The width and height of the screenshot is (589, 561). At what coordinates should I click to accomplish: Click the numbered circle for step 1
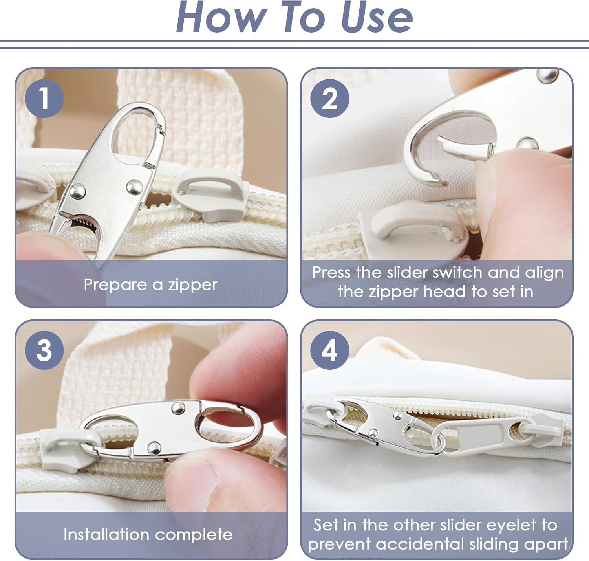click(x=44, y=98)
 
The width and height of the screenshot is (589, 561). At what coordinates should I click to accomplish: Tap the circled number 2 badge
click(x=329, y=98)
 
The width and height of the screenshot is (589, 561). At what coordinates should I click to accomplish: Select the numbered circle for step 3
click(x=44, y=350)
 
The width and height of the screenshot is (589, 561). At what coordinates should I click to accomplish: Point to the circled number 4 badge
click(x=329, y=350)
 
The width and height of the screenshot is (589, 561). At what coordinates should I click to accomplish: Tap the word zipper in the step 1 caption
click(x=193, y=285)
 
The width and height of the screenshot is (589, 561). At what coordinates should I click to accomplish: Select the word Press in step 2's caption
click(x=332, y=273)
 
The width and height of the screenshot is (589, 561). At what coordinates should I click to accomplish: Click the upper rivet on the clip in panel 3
click(x=178, y=408)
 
